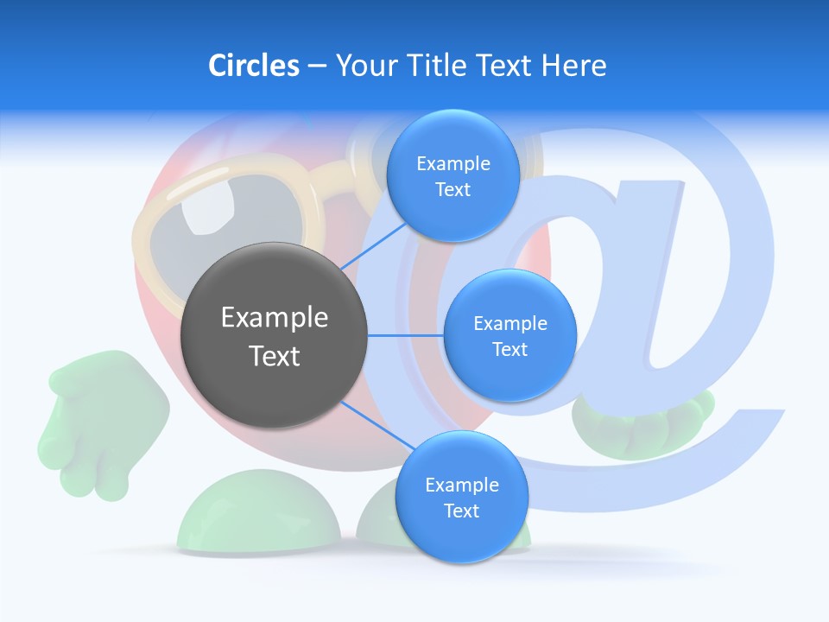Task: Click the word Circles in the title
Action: point(253,66)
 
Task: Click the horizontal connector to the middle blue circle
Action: point(406,335)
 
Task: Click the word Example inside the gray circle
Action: point(275,318)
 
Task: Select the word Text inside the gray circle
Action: point(275,356)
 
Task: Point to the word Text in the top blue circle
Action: point(452,190)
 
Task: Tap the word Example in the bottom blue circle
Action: point(461,486)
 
